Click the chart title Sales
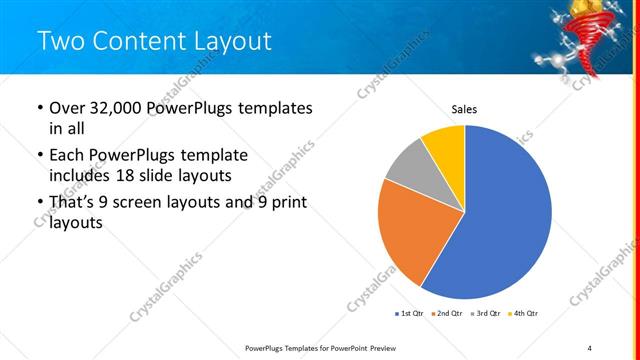(x=464, y=109)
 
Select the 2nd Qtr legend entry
(x=448, y=314)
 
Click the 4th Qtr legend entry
(x=523, y=314)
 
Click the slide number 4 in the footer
(x=589, y=348)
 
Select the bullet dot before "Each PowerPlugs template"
(x=39, y=157)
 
